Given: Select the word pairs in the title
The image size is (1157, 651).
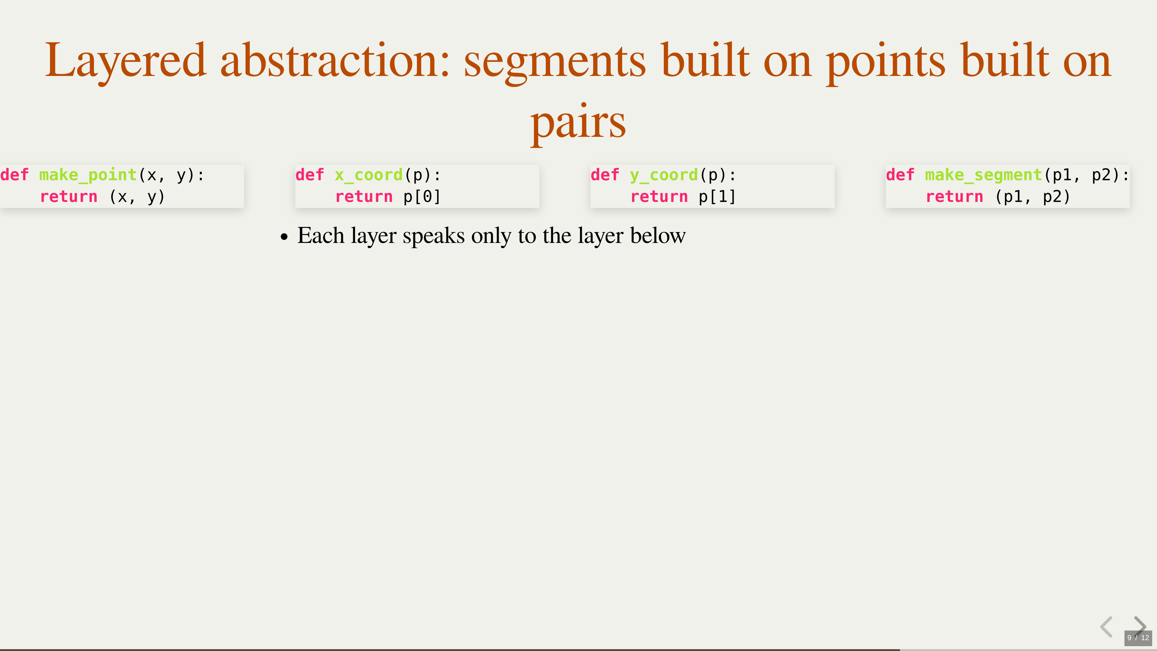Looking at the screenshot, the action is click(578, 124).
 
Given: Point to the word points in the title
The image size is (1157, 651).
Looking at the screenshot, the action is click(886, 63).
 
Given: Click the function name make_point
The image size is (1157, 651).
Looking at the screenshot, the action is click(88, 175).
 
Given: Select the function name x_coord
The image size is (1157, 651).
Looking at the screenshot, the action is click(369, 175).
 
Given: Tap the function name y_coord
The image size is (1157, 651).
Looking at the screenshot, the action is click(664, 175).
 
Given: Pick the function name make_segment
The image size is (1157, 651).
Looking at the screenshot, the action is click(984, 175).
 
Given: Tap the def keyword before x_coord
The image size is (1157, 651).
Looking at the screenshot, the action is click(309, 175).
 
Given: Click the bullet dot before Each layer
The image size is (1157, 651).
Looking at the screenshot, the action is click(284, 237).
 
